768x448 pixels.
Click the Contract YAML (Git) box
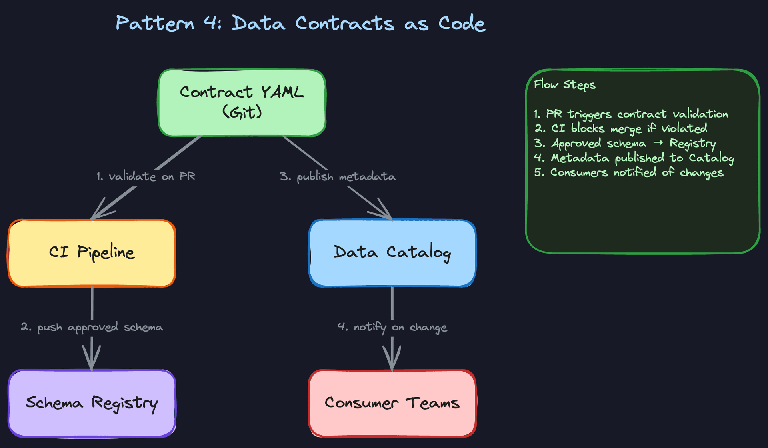click(242, 103)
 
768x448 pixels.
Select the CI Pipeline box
click(92, 253)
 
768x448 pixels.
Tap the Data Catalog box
click(392, 253)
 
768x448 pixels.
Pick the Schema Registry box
click(92, 403)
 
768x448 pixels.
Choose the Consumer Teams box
click(392, 403)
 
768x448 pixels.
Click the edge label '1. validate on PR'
click(146, 176)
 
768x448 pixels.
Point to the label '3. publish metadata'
click(338, 176)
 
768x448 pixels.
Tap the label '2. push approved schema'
click(92, 327)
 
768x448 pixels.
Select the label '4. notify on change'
click(392, 327)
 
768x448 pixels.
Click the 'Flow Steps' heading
click(564, 85)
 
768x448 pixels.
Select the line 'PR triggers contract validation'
click(631, 114)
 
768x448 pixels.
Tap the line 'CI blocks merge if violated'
click(621, 129)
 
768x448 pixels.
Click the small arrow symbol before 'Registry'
click(658, 143)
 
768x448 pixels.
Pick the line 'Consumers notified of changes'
click(629, 173)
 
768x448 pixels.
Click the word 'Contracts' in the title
click(345, 23)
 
